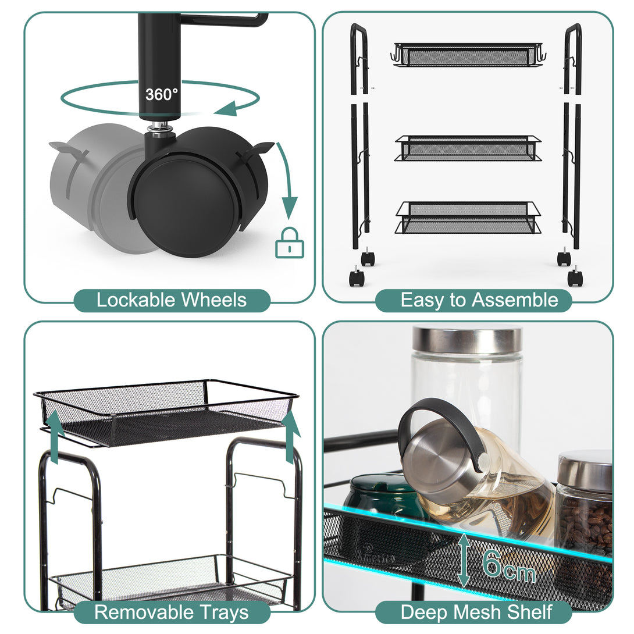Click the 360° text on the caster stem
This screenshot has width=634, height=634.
click(x=161, y=95)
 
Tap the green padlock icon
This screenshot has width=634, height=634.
click(x=290, y=243)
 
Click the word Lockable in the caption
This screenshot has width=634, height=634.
click(x=136, y=300)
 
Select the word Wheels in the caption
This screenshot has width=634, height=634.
click(x=214, y=300)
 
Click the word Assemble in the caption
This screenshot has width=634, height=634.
click(x=515, y=300)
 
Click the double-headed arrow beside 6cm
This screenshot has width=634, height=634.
click(x=464, y=560)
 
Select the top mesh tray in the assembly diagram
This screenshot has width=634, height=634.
click(x=468, y=55)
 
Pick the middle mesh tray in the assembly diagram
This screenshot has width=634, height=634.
click(x=468, y=148)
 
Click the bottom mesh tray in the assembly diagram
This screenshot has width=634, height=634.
click(x=468, y=218)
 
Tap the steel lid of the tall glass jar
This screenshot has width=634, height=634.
click(x=467, y=339)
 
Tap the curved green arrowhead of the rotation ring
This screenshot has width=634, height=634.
click(x=226, y=108)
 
